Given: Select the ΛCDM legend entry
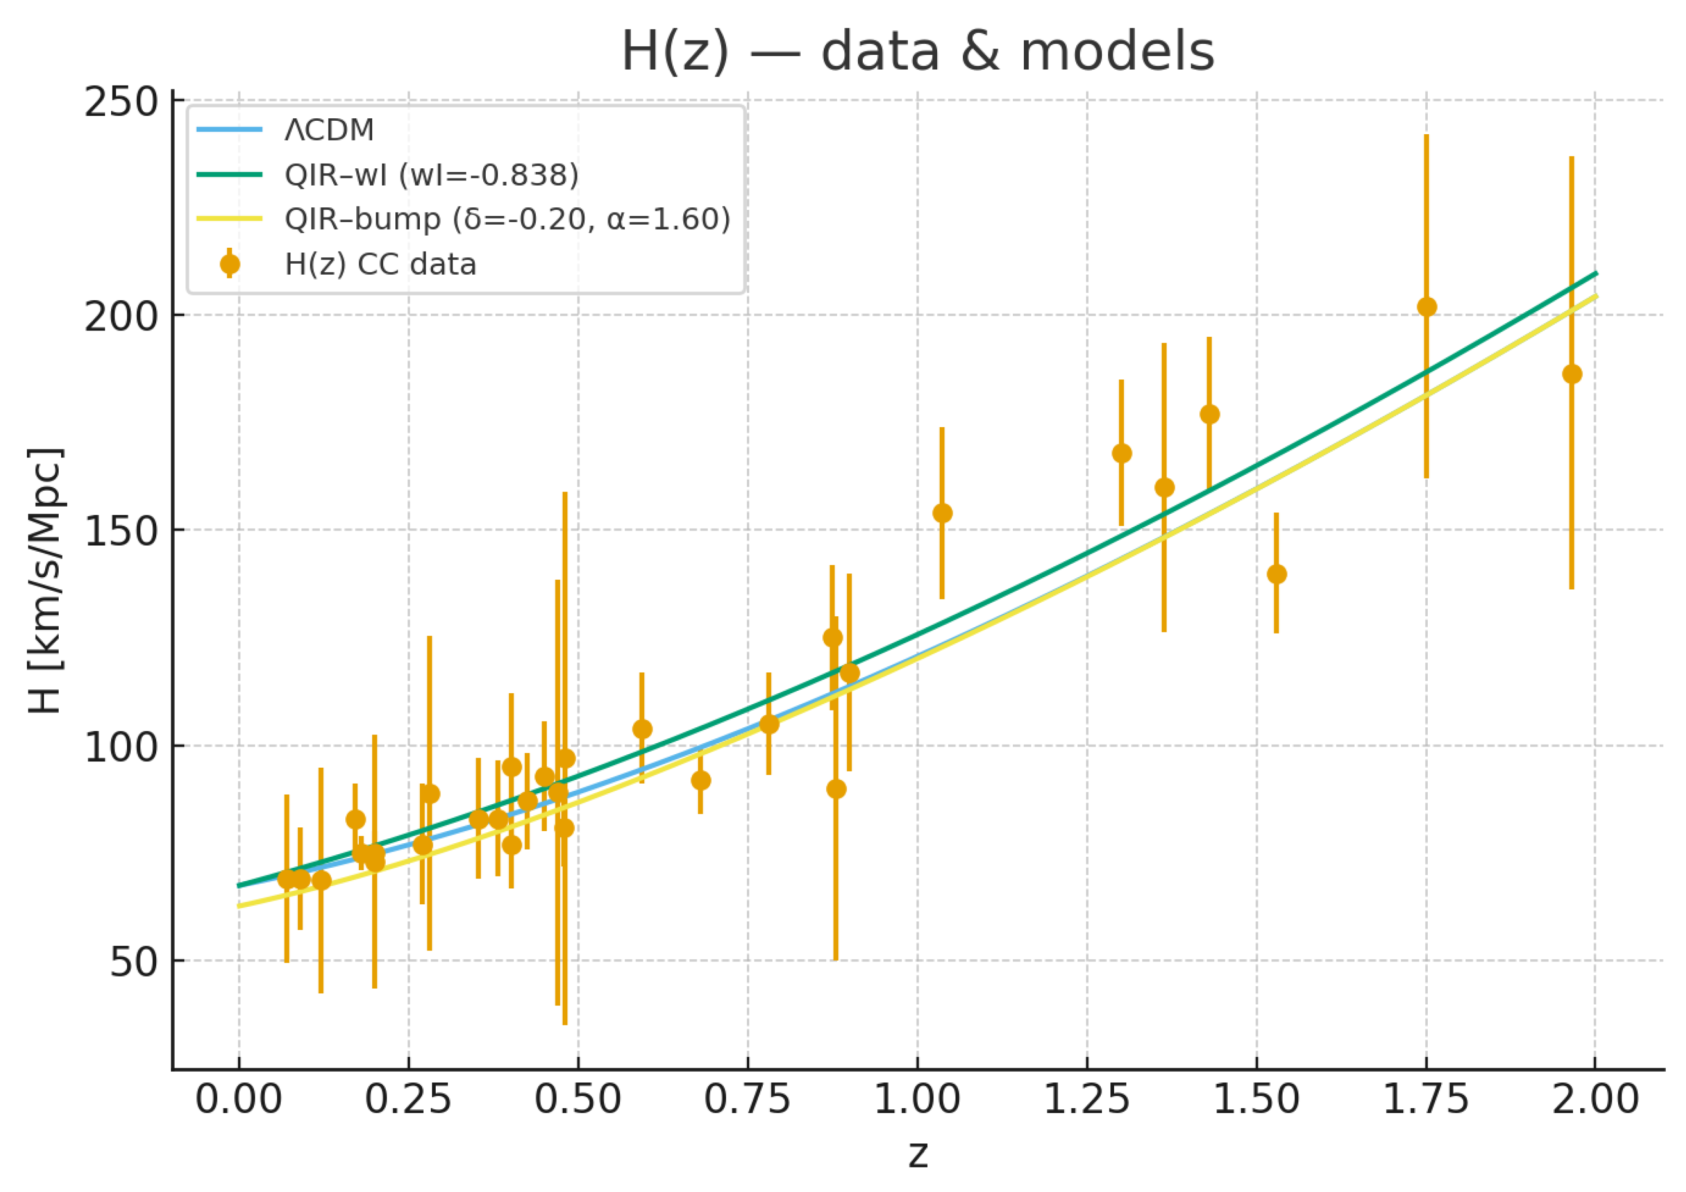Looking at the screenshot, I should click(329, 130).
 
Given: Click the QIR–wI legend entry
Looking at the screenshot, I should click(431, 175).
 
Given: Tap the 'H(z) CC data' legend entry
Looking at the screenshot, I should click(379, 265).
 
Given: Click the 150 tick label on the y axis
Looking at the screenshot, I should click(122, 532).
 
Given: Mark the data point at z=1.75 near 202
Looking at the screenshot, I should click(1426, 307).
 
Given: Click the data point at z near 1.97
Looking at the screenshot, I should click(1572, 374).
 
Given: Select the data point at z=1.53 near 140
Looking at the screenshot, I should click(1276, 573).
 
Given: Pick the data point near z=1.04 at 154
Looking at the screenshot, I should click(942, 513).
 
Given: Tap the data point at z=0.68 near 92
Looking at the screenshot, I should click(701, 780).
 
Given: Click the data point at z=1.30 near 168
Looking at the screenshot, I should click(1121, 453).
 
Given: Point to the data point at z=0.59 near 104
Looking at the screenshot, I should click(642, 729).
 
